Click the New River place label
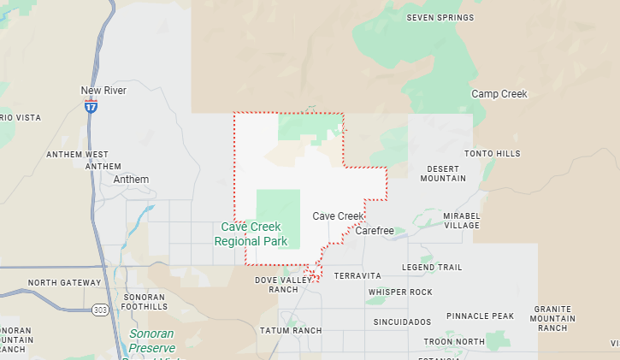click(x=103, y=91)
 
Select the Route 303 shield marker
click(x=102, y=310)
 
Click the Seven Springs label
click(x=440, y=17)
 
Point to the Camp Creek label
click(x=499, y=94)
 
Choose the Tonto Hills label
click(x=492, y=154)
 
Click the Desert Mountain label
click(x=443, y=174)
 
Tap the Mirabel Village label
click(x=462, y=220)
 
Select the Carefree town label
click(x=374, y=231)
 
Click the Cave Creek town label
click(x=338, y=216)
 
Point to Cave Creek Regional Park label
click(x=251, y=234)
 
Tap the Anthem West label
click(x=78, y=154)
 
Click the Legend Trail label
click(x=432, y=268)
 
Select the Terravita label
click(x=357, y=276)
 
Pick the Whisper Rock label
click(x=400, y=292)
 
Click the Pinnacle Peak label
click(x=480, y=316)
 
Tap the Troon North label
click(x=453, y=341)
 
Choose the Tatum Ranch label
click(x=292, y=330)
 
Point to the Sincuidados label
click(x=402, y=322)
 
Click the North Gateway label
click(x=64, y=282)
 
